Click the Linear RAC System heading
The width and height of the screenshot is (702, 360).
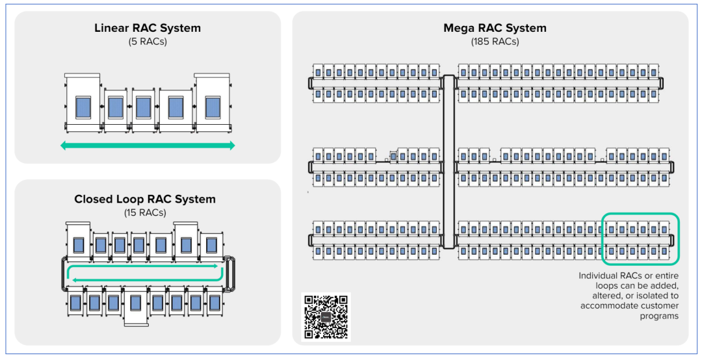(x=148, y=29)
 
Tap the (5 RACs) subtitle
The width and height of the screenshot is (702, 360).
(x=148, y=42)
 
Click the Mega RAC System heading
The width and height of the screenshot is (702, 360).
(x=495, y=29)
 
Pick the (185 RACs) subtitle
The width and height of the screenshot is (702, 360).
(x=495, y=42)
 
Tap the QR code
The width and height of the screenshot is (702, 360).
(x=326, y=317)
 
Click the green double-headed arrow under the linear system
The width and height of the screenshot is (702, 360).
(x=148, y=146)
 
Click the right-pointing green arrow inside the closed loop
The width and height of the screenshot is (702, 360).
(x=143, y=266)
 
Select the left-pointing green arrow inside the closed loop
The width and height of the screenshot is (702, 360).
(x=143, y=279)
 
